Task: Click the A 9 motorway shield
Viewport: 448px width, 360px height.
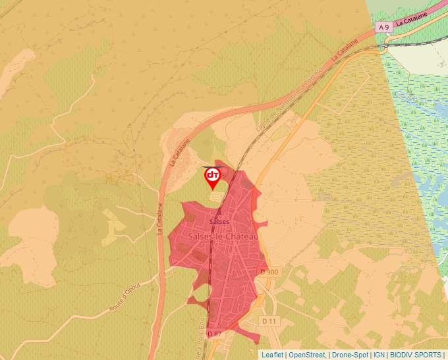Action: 384,26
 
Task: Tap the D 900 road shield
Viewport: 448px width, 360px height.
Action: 269,272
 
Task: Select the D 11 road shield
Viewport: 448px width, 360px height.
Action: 268,321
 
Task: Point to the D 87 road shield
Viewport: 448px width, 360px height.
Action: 215,334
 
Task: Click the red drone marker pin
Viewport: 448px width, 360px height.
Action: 212,178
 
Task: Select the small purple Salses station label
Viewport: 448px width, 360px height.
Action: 219,222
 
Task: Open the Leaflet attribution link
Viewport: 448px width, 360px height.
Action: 272,355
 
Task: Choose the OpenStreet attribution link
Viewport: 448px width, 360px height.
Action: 307,355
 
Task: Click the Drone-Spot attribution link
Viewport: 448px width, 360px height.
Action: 350,355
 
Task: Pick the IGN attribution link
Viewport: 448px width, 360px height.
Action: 379,355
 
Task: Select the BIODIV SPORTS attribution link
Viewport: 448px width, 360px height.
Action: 416,355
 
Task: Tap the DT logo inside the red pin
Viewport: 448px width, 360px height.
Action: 212,175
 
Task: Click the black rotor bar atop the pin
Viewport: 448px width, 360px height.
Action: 212,167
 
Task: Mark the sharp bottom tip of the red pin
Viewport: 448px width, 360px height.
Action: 212,190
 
